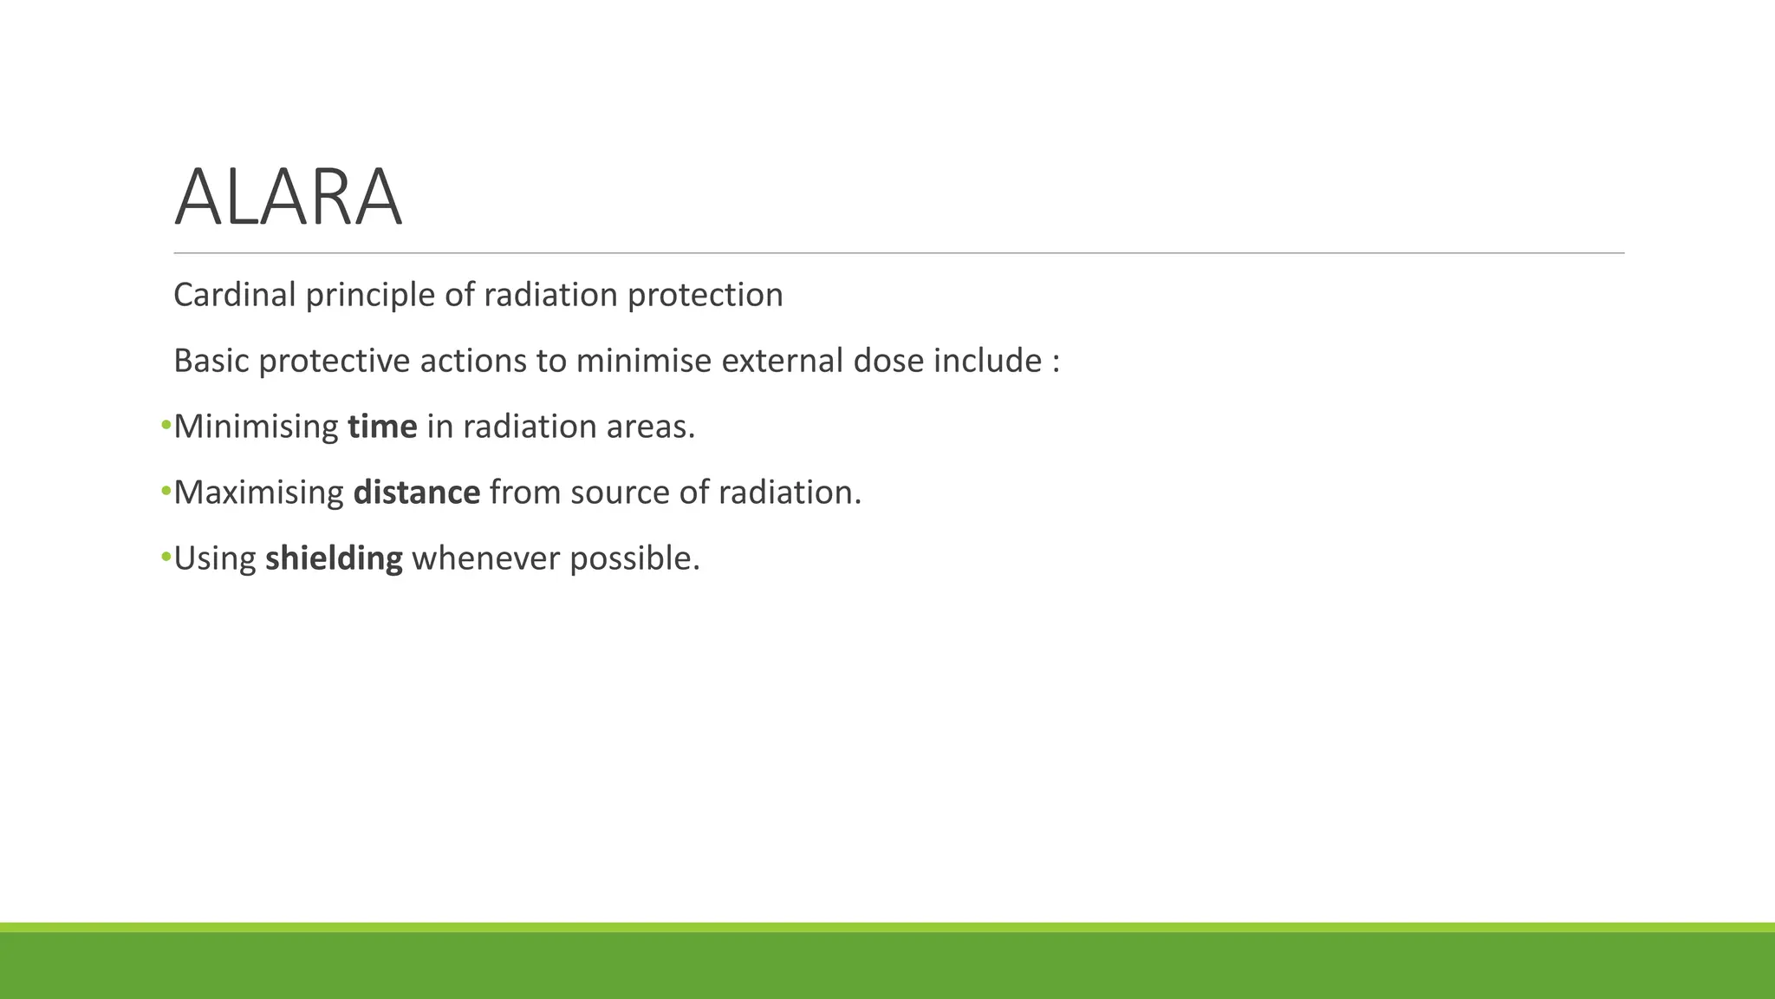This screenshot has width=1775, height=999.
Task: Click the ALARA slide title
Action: click(x=288, y=198)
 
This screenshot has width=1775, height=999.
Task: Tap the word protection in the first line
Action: click(x=705, y=295)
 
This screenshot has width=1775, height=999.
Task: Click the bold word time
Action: click(x=382, y=427)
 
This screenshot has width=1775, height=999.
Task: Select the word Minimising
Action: click(x=256, y=427)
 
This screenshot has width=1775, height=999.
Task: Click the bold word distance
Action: click(x=416, y=493)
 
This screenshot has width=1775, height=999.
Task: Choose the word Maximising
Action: click(x=258, y=493)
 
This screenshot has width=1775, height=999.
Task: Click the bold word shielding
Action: click(x=334, y=558)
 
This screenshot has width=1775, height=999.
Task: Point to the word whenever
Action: click(x=485, y=558)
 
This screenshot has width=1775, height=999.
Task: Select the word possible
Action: click(x=634, y=558)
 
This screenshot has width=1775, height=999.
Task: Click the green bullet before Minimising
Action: click(x=166, y=426)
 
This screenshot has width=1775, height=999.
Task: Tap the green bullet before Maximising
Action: click(x=166, y=492)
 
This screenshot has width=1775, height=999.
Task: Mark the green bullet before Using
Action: click(x=166, y=558)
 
